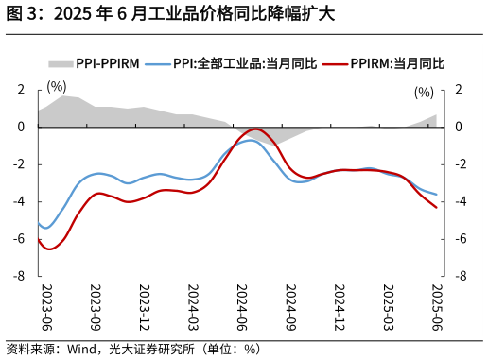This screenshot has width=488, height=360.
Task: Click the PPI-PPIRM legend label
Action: (108, 63)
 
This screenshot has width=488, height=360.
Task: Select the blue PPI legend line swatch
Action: (158, 63)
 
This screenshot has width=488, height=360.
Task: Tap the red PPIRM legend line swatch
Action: (334, 63)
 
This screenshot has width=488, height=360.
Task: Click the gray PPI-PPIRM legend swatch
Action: (61, 63)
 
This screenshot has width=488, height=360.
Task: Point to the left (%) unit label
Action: (58, 87)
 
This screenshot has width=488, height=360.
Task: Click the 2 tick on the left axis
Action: (19, 90)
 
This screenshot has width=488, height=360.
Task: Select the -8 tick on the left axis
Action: (17, 277)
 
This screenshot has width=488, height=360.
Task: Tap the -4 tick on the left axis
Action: (17, 202)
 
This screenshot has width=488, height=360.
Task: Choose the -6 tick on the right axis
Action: (460, 239)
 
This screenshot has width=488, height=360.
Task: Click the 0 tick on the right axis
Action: (459, 127)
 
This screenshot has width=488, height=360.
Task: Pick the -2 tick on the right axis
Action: (460, 164)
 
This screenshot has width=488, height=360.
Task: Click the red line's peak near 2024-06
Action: (254, 129)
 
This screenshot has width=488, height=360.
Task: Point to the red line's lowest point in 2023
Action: (48, 249)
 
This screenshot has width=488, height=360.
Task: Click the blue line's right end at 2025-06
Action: (436, 195)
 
